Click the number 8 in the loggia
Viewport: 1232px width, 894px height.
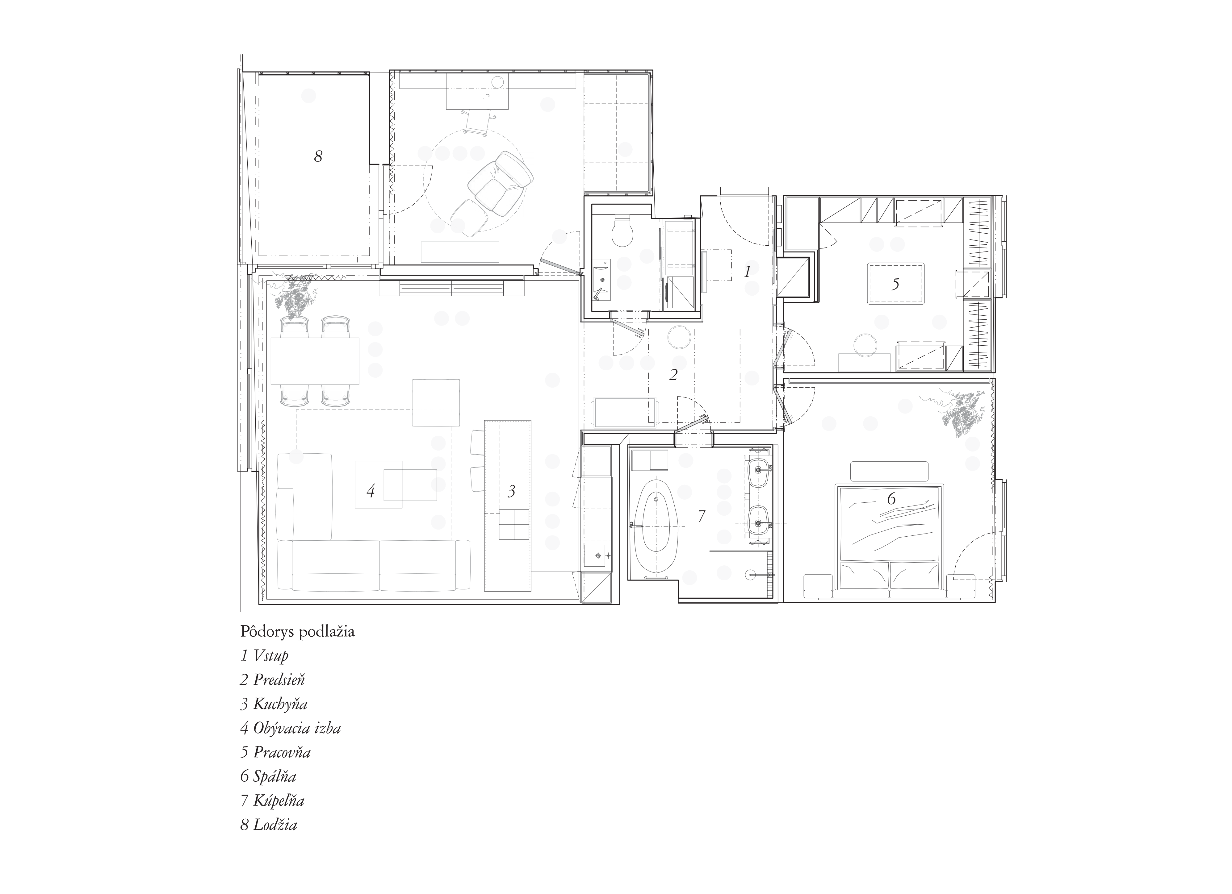click(x=318, y=156)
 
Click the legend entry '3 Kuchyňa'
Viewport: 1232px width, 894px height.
click(x=274, y=704)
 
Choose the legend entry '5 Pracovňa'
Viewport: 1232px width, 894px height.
click(x=275, y=752)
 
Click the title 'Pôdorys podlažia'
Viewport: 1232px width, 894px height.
click(x=298, y=632)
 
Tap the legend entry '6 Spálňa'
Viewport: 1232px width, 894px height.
click(x=268, y=776)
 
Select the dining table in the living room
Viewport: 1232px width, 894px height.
click(x=315, y=361)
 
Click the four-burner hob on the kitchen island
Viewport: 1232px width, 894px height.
click(x=514, y=524)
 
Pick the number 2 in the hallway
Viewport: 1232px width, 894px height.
click(x=673, y=375)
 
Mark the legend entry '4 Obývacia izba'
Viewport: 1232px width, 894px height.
click(x=291, y=728)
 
